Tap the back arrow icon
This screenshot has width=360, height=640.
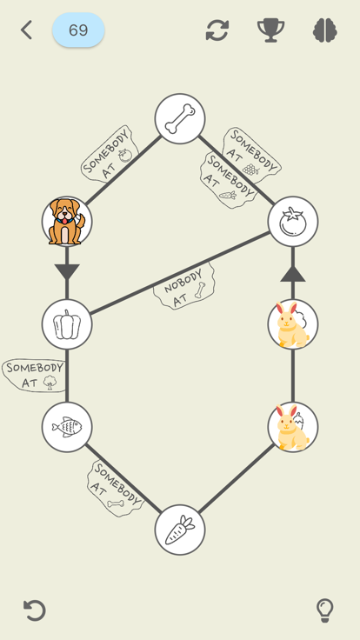tap(27, 30)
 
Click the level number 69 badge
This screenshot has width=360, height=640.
tap(78, 30)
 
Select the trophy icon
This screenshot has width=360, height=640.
tap(270, 30)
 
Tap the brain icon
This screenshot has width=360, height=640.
tap(325, 30)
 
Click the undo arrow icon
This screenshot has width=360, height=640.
tap(34, 610)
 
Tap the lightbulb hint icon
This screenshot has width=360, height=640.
tap(325, 610)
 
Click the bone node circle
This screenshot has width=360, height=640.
tap(180, 119)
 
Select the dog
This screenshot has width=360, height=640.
tap(67, 221)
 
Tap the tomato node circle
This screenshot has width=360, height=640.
tap(293, 221)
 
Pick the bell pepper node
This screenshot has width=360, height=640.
tap(67, 324)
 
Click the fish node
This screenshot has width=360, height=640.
tap(67, 427)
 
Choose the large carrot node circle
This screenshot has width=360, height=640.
tap(180, 530)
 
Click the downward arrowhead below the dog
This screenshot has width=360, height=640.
tap(67, 272)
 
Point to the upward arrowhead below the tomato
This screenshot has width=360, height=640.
tap(293, 273)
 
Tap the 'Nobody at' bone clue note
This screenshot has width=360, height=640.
tap(184, 287)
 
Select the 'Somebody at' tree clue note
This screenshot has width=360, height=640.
tap(34, 376)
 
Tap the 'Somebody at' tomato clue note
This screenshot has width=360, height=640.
tap(110, 153)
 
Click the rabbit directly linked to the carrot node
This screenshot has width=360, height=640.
tap(293, 427)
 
